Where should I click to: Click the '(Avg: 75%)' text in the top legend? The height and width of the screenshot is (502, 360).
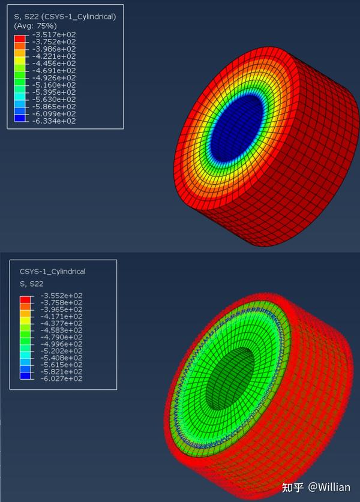[x=35, y=26]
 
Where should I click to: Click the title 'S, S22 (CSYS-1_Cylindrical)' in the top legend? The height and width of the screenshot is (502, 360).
[x=65, y=17]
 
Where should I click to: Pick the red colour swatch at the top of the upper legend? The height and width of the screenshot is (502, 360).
[x=20, y=38]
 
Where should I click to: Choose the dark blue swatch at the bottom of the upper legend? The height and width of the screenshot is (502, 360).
[x=20, y=118]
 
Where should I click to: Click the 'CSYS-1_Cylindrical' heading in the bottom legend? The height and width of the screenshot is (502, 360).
[x=53, y=272]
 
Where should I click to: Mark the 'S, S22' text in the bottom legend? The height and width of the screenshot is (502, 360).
[x=32, y=284]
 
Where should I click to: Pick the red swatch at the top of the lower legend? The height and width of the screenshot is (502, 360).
[x=25, y=299]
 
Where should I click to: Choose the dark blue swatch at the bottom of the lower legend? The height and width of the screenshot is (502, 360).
[x=25, y=375]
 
